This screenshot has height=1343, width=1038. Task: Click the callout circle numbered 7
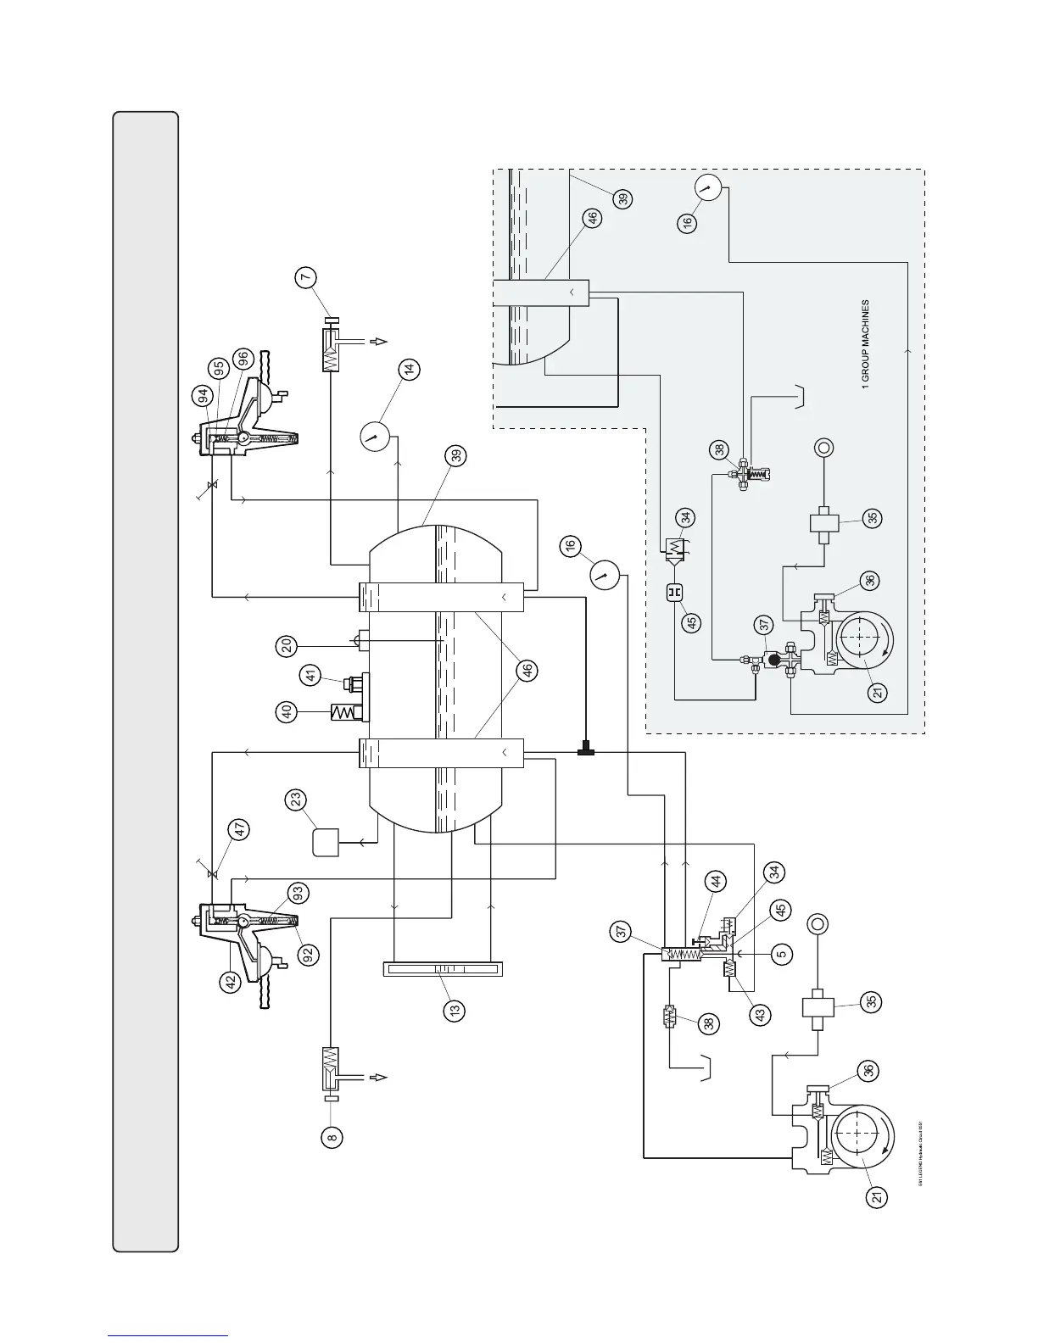[x=307, y=277]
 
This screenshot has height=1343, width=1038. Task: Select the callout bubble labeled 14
[x=410, y=370]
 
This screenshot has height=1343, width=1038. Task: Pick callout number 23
[x=296, y=800]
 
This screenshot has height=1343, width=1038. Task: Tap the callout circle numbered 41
[x=310, y=676]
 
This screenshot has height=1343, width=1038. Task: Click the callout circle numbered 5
[x=783, y=953]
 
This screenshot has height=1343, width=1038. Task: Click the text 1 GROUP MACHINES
[x=865, y=343]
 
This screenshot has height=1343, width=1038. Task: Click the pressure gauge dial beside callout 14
[x=372, y=437]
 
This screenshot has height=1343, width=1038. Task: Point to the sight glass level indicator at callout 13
[x=442, y=968]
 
